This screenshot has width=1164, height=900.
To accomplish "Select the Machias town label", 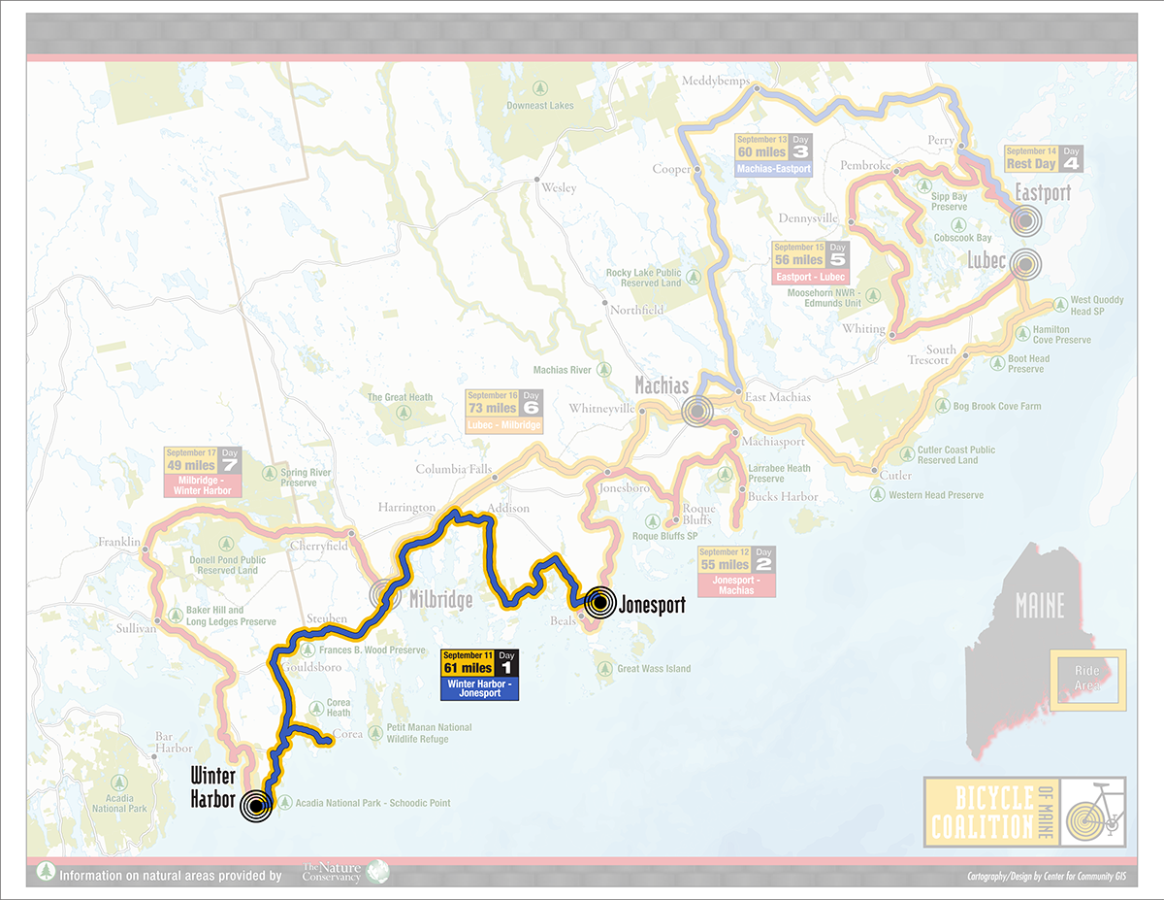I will coord(662,385).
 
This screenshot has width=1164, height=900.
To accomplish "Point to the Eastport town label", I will coord(1043,192).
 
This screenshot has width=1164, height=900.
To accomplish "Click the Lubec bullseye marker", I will coord(1025,263).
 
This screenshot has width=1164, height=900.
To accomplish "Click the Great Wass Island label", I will coord(654,668).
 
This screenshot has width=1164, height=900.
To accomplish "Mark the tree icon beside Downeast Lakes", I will coord(511,106).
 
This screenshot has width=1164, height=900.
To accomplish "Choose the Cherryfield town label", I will coord(318,546).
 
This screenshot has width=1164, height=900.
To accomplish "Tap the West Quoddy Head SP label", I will coord(1097,306).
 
